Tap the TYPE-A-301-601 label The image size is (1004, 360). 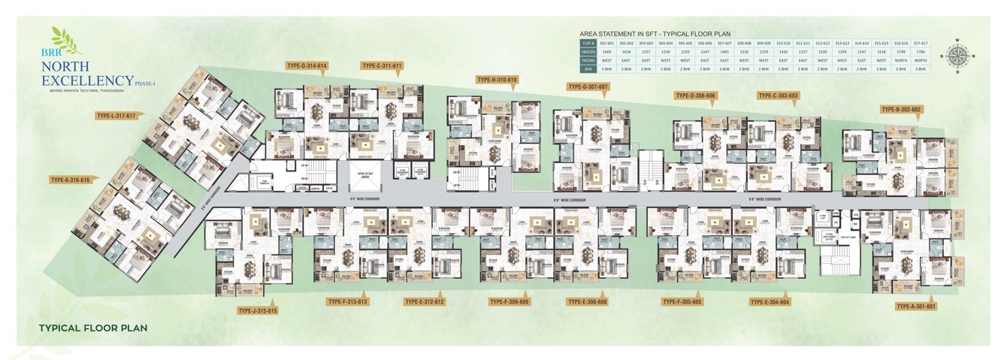point(916,307)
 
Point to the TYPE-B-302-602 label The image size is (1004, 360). point(901,110)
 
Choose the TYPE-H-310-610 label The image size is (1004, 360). point(497,79)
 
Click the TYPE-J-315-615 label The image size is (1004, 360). point(257,310)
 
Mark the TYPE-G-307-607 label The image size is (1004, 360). point(588,87)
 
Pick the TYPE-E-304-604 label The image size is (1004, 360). point(770,302)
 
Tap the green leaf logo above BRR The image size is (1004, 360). point(65,41)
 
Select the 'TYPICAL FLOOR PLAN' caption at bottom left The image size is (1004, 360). point(92,328)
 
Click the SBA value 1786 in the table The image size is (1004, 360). point(921,51)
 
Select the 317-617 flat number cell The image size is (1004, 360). point(921,43)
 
